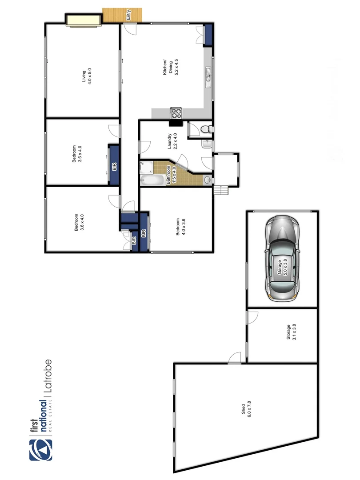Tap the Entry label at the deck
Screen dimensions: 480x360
pos(128,16)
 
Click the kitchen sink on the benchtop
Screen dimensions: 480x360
pos(208,75)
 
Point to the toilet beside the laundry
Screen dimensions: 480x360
pos(206,129)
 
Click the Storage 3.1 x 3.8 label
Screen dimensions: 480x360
pos(291,332)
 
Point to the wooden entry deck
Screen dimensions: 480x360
pos(122,15)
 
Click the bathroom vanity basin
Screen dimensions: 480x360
pos(207,180)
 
